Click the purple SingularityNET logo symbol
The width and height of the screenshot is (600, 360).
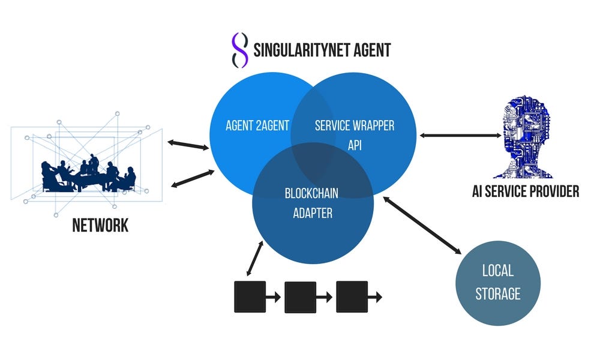tap(240, 50)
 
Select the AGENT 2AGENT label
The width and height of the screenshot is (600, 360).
tap(257, 125)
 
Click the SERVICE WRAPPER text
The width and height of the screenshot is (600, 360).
tap(355, 125)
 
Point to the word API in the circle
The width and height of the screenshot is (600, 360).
tap(355, 145)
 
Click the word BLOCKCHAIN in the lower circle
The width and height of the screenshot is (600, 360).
tap(311, 193)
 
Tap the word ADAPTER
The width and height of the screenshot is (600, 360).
tap(313, 213)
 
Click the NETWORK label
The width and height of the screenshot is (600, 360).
tap(100, 226)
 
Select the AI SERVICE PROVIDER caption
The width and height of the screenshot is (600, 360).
tap(526, 191)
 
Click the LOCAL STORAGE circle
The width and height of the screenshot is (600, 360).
tap(498, 283)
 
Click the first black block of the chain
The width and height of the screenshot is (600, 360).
tap(250, 297)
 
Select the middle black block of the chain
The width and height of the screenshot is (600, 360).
tap(301, 297)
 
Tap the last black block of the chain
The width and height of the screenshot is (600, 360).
tap(352, 297)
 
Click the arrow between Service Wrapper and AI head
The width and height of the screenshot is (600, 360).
tap(460, 135)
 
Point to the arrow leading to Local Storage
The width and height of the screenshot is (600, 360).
tap(422, 226)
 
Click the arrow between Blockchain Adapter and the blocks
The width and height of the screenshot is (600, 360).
tap(255, 259)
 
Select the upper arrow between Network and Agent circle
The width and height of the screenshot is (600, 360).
tap(188, 145)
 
